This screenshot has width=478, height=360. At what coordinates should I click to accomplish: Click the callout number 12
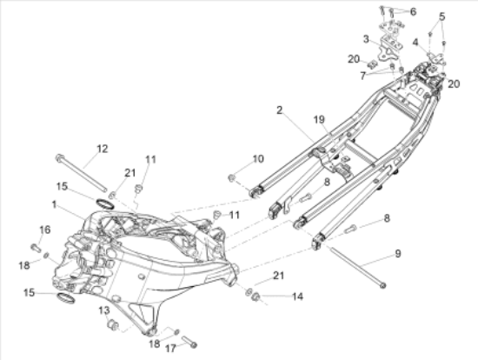pyautogui.click(x=103, y=149)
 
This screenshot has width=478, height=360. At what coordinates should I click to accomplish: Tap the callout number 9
pyautogui.click(x=398, y=254)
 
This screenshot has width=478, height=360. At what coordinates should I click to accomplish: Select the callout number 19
pyautogui.click(x=319, y=120)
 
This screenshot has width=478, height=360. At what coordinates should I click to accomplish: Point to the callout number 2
pyautogui.click(x=280, y=110)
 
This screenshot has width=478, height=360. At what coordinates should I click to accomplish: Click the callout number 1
pyautogui.click(x=54, y=204)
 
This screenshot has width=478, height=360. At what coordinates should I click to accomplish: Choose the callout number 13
pyautogui.click(x=104, y=310)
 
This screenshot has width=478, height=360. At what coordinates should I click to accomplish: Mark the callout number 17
pyautogui.click(x=170, y=348)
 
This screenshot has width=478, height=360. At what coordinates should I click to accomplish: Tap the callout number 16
pyautogui.click(x=45, y=230)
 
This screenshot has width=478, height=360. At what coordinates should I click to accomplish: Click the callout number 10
pyautogui.click(x=258, y=159)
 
